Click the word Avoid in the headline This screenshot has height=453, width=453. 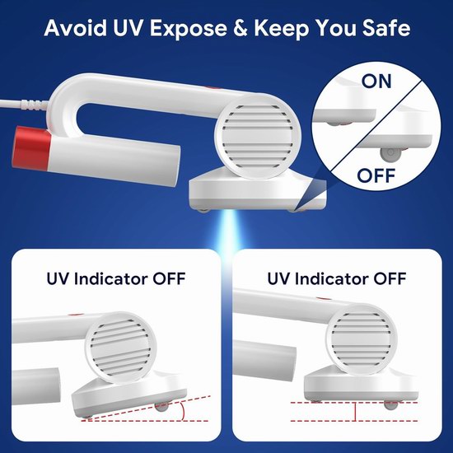[75, 28]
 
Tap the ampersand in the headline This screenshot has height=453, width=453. [240, 28]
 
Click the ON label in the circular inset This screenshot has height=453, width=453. [376, 82]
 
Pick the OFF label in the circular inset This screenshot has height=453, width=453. [376, 175]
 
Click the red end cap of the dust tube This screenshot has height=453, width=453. [32, 148]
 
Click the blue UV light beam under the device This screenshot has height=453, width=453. [227, 231]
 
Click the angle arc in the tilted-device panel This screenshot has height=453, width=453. [182, 411]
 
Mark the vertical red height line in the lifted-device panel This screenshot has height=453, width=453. [355, 411]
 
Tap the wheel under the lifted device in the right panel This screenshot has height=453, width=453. [390, 404]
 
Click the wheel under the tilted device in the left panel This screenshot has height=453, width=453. [161, 407]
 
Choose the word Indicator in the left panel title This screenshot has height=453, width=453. [113, 278]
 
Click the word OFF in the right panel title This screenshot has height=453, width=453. [390, 278]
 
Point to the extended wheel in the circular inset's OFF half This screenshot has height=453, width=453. [390, 154]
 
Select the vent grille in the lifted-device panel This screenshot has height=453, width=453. [361, 339]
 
